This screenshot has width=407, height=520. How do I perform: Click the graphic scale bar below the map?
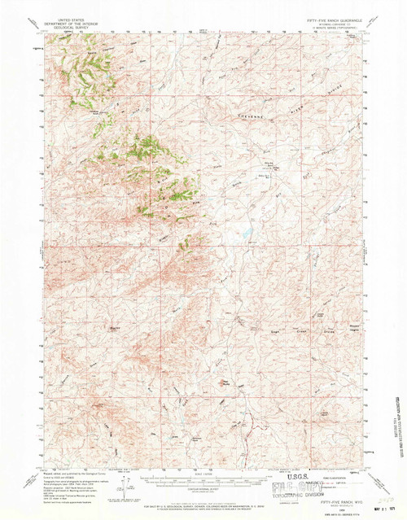[203, 478]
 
